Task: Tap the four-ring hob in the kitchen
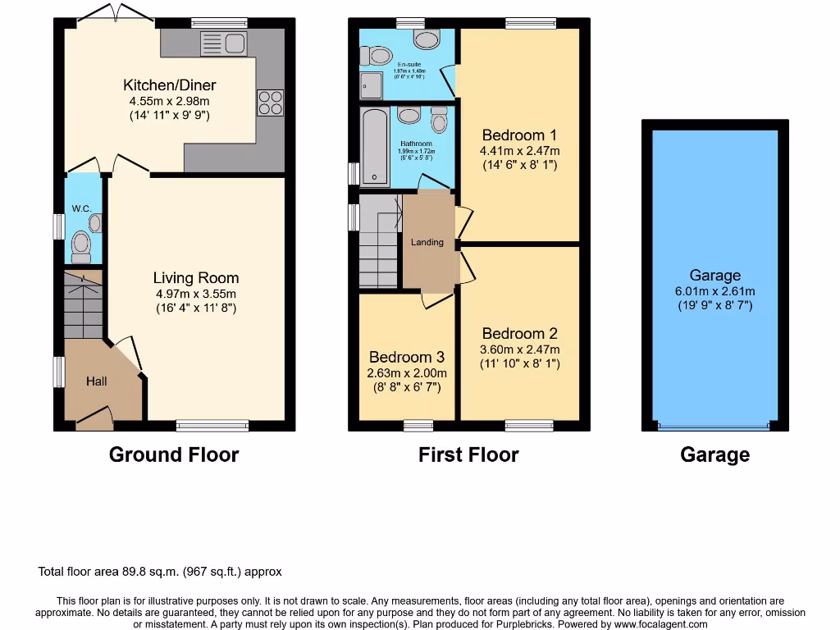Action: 270,102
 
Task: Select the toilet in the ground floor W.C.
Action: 81,244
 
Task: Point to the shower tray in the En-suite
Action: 371,85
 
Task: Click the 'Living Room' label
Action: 196,278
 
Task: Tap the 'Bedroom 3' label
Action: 406,357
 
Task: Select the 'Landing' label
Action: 427,242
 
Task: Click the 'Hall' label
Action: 97,381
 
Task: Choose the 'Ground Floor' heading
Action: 174,454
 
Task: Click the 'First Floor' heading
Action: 468,454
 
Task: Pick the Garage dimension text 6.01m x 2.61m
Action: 714,291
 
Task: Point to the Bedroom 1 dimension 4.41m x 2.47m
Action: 520,151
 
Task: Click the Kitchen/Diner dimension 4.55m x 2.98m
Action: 170,101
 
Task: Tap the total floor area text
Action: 160,572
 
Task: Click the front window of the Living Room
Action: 212,425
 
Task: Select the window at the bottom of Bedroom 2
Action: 529,425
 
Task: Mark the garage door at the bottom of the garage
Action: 714,427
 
